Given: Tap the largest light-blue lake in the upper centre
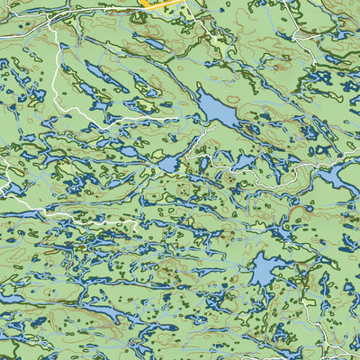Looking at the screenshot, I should click(217, 109).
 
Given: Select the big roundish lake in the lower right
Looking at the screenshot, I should click(265, 269).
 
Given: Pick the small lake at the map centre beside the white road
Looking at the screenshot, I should click(169, 165).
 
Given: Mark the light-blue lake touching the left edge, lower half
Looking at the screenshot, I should click(9, 298).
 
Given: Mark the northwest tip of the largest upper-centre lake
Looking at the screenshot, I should click(200, 93).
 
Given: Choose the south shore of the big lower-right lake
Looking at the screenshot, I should click(263, 284).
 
